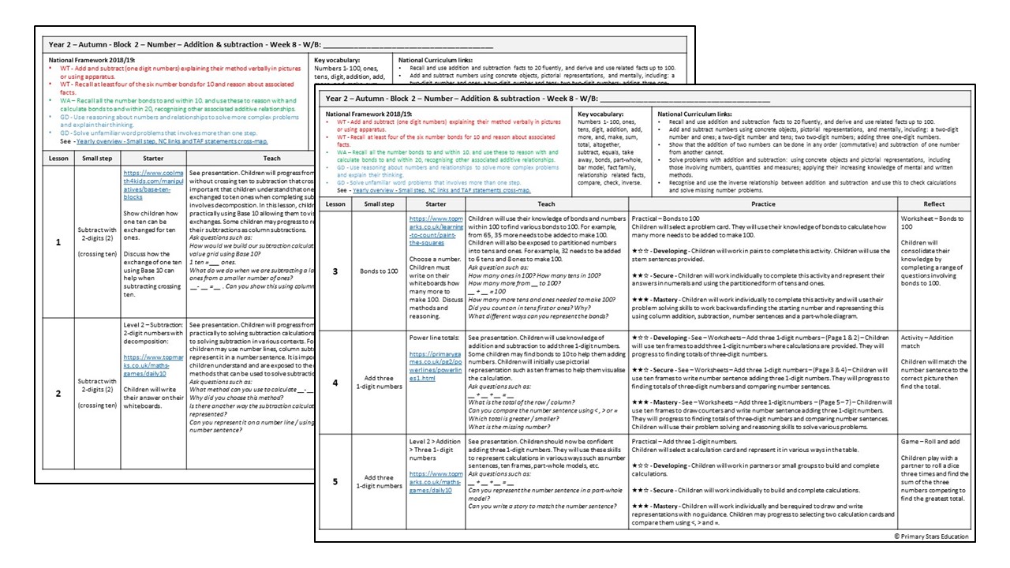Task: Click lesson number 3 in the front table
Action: coord(335,271)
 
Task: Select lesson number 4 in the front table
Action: coord(335,382)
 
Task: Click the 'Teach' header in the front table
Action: coord(546,204)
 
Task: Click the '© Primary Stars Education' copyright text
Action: coord(931,536)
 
